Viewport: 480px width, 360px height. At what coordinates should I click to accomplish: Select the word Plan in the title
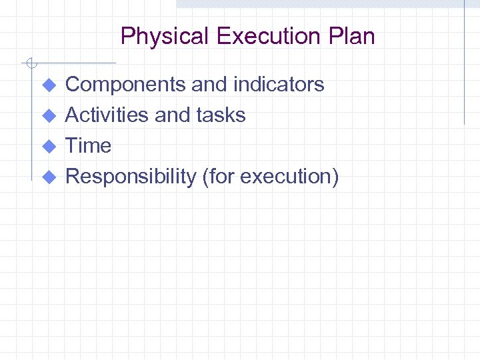[x=353, y=36]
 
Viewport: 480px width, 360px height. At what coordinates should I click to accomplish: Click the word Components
[x=125, y=85]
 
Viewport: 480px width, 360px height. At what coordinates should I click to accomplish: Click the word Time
[x=88, y=146]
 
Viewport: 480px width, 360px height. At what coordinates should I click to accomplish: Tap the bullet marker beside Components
[x=47, y=85]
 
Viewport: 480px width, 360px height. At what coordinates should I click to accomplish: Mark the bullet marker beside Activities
[x=47, y=116]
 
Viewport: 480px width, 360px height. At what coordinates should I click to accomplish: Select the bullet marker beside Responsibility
[x=47, y=177]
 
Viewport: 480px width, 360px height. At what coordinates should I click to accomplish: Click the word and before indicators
[x=208, y=85]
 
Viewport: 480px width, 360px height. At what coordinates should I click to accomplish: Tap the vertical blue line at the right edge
[x=464, y=67]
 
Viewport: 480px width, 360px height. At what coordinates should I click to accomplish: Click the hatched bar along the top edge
[x=320, y=4]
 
